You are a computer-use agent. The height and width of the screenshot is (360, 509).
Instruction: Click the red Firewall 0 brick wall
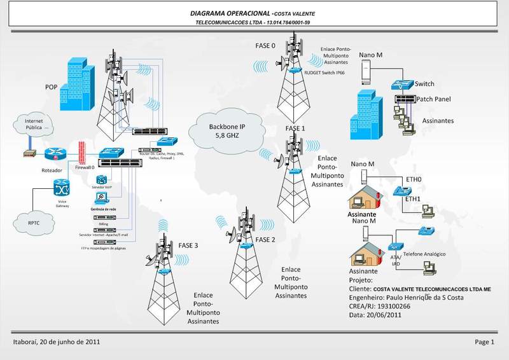(x=80, y=153)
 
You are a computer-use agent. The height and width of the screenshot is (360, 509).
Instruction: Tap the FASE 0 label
(x=265, y=46)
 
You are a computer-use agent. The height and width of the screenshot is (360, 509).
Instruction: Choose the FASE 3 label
(x=188, y=246)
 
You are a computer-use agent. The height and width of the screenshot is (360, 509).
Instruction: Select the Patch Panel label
(x=434, y=99)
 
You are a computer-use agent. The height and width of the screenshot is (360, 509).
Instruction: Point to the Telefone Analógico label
(x=424, y=254)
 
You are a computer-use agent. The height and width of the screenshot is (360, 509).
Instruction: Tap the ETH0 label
(x=414, y=180)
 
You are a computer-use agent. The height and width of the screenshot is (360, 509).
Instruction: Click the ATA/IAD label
(x=395, y=260)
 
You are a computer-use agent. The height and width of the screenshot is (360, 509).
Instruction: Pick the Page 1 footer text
(x=484, y=342)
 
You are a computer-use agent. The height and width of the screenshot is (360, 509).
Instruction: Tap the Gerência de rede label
(x=104, y=209)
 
